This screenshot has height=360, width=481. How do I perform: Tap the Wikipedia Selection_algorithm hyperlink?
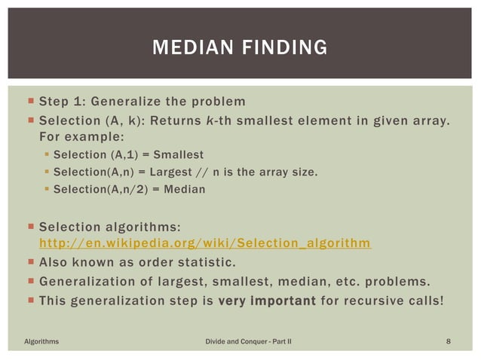point(204,243)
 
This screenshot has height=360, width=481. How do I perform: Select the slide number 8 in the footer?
point(449,342)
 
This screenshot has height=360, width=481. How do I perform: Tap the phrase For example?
point(81,137)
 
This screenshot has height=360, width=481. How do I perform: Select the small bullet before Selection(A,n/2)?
point(46,190)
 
